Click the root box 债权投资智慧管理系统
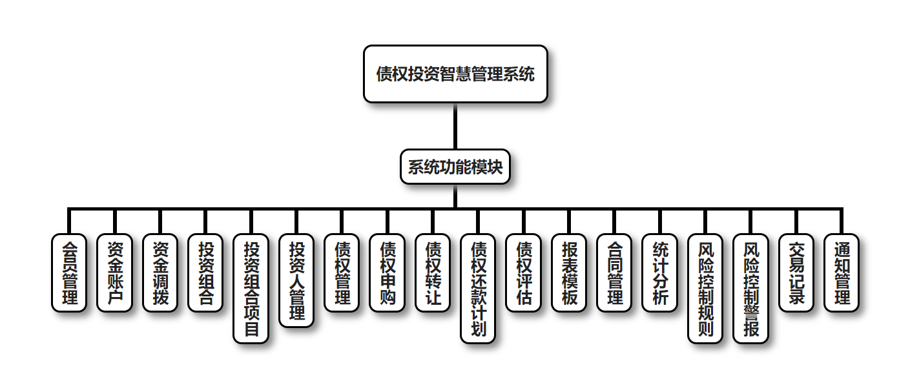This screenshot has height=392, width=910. (455, 74)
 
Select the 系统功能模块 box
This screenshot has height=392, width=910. (455, 167)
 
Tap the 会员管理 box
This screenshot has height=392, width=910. (69, 273)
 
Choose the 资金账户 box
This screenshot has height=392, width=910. (114, 273)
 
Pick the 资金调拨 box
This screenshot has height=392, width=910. (160, 273)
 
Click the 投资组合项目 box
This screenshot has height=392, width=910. (251, 288)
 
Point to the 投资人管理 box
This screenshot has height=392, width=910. (296, 280)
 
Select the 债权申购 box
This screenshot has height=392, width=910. (388, 273)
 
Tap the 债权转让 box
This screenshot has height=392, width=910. (433, 273)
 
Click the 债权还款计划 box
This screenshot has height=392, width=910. (478, 288)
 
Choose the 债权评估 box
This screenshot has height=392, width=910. (523, 273)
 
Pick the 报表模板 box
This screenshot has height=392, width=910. (569, 273)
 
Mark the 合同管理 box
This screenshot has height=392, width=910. (614, 273)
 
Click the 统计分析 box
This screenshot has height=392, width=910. (660, 273)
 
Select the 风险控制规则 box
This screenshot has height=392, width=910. (705, 288)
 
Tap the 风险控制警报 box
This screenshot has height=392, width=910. (751, 288)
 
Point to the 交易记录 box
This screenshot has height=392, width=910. (796, 273)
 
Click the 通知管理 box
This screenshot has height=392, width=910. (842, 273)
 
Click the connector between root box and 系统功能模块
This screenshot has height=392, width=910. (455, 127)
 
